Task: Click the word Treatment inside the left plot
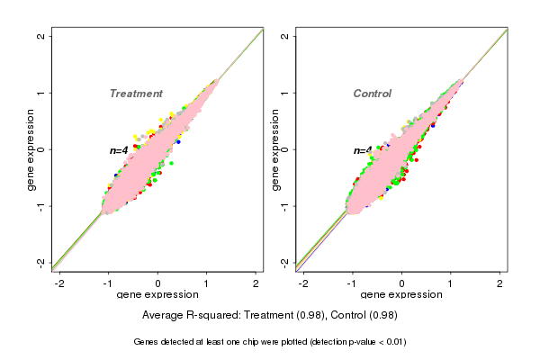(x=136, y=94)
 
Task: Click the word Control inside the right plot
(x=373, y=94)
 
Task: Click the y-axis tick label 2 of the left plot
(x=41, y=36)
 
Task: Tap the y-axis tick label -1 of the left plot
(x=41, y=206)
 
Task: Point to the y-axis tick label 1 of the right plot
(x=284, y=93)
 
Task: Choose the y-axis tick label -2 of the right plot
(x=284, y=263)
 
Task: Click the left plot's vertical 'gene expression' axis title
(x=31, y=149)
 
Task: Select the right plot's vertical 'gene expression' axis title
(x=274, y=149)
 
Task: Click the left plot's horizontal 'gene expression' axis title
(x=157, y=295)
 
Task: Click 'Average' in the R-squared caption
(x=164, y=315)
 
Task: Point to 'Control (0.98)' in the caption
(x=364, y=315)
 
